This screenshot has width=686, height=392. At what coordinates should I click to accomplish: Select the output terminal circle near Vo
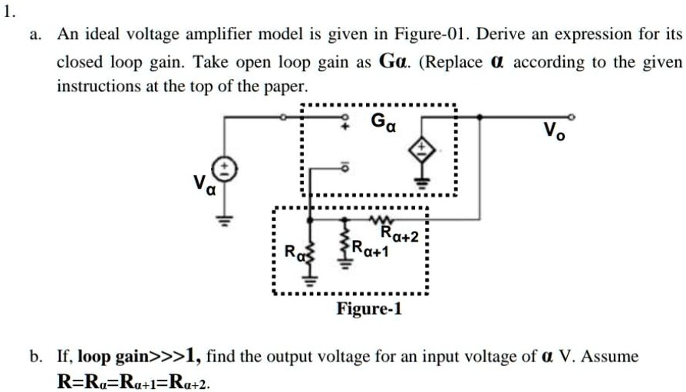coord(570,117)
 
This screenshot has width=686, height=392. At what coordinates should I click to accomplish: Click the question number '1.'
coord(8,10)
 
